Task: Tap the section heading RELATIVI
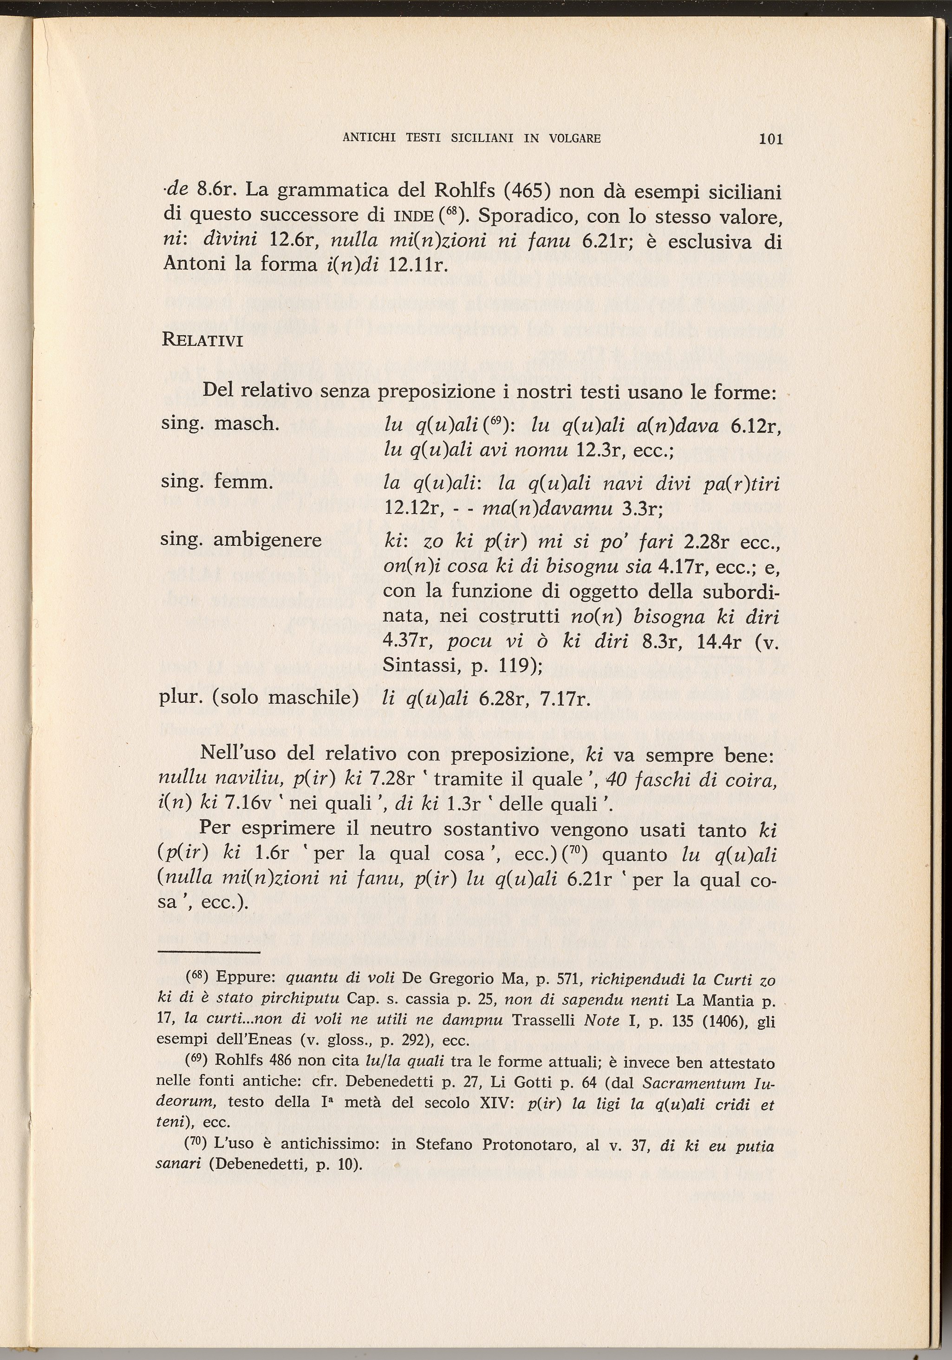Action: (202, 341)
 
